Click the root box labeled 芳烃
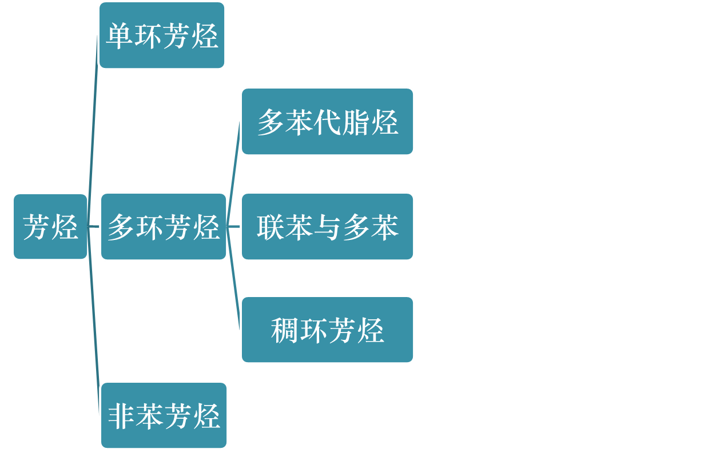50,227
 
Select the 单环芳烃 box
162,35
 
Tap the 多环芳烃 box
164,227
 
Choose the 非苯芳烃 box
164,415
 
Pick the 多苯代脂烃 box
327,121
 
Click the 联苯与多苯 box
327,227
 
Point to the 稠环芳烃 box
327,330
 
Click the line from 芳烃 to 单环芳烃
93,131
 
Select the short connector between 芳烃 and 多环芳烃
94,227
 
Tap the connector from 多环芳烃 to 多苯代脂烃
233,171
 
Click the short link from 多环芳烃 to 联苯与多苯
234,227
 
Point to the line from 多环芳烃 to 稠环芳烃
233,280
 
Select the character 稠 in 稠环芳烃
285,330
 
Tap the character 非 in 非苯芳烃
122,416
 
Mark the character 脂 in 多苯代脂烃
356,122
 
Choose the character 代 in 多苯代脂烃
327,122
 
